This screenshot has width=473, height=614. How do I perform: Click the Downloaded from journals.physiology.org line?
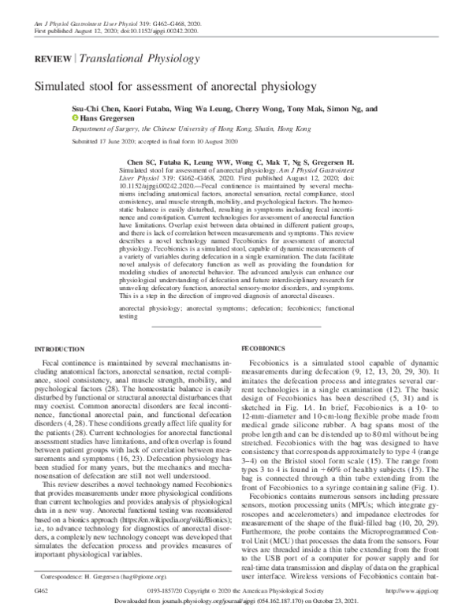tap(236, 604)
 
